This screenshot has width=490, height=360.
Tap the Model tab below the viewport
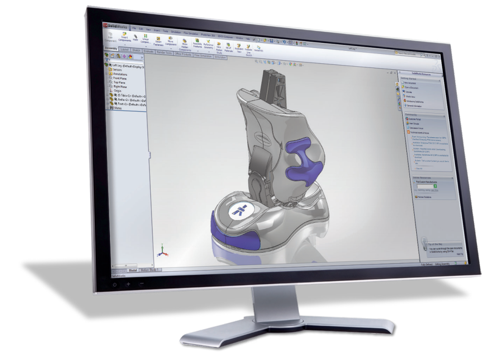coord(133,270)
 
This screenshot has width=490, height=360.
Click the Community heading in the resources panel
coord(412,114)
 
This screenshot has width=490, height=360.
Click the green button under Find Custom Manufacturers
coord(434,186)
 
